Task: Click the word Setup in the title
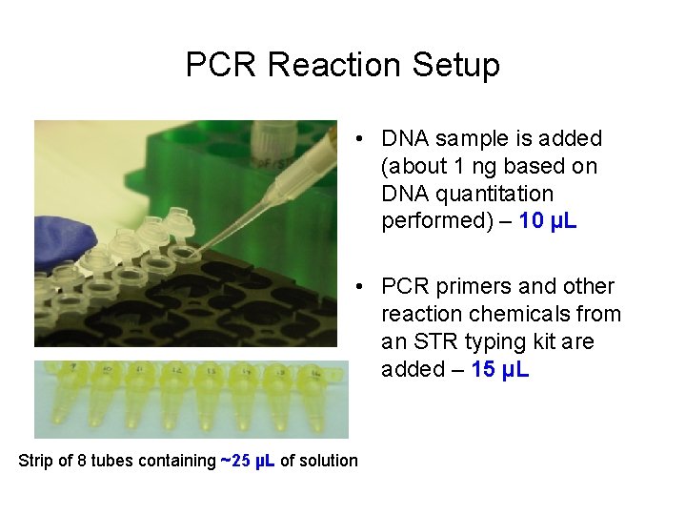[x=455, y=65]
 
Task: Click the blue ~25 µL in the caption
[x=248, y=461]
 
